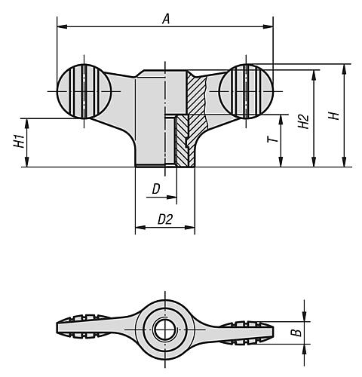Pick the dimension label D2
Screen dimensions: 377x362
pyautogui.click(x=165, y=219)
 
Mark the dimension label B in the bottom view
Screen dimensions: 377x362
pyautogui.click(x=297, y=329)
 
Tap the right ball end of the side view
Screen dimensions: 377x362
pyautogui.click(x=247, y=90)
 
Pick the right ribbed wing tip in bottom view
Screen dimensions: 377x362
pyautogui.click(x=253, y=329)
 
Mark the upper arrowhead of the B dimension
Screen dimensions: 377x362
pyautogui.click(x=305, y=318)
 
